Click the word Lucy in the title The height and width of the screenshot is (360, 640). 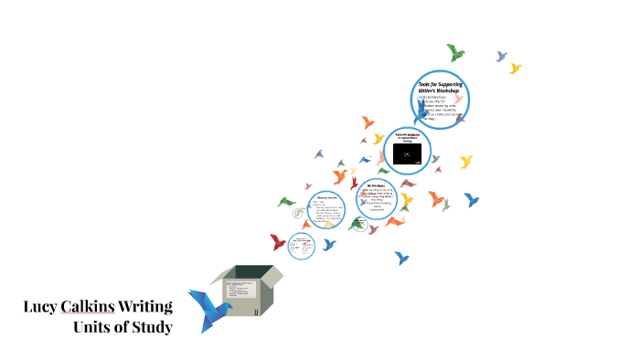pos(40,307)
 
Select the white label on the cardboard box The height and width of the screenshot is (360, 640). pos(240,297)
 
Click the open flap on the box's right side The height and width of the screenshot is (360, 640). pos(272,274)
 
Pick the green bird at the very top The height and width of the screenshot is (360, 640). pos(454,52)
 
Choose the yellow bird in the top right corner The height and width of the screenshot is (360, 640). pos(516,69)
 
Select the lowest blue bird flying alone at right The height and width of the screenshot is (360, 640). pos(400,259)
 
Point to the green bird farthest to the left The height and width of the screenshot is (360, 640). pos(287,201)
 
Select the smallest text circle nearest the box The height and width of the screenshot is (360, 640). pos(302,245)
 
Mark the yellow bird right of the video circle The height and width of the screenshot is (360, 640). pos(466,162)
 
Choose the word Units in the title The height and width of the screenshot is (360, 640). pos(94,326)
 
